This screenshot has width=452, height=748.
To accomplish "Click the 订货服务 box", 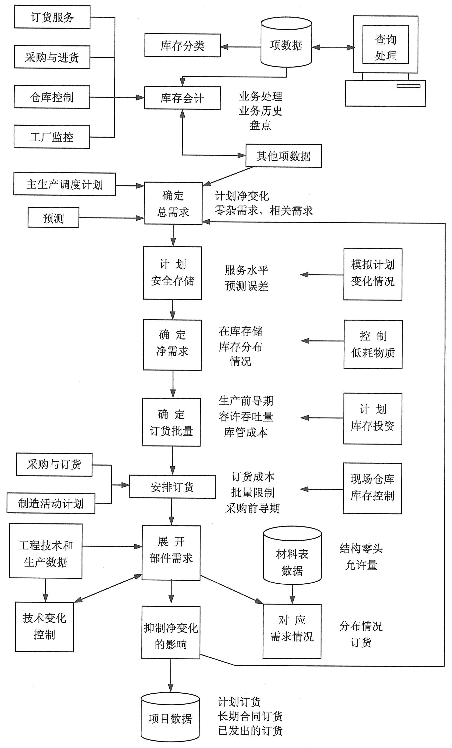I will click(52, 17).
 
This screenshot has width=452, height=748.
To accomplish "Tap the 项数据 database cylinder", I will click(286, 42).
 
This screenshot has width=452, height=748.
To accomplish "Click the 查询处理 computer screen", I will click(385, 45).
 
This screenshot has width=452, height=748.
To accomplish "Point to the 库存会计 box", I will click(182, 98).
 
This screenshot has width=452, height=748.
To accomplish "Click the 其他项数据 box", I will click(284, 156).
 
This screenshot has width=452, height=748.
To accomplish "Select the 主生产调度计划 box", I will click(64, 184).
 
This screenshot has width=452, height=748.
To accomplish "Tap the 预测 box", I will click(53, 218).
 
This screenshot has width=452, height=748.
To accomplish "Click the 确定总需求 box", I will click(173, 203).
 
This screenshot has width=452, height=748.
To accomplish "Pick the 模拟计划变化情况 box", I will click(373, 274).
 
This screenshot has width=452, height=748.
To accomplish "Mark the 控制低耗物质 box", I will click(373, 344).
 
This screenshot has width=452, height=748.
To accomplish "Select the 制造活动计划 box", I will click(51, 503).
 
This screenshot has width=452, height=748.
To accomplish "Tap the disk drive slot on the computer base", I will click(408, 86).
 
